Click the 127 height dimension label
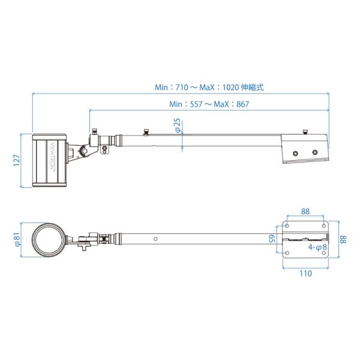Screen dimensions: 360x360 [17, 160]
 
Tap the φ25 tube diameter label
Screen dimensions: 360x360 [178, 125]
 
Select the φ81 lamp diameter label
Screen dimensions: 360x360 [17, 239]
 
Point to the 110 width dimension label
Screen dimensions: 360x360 [305, 274]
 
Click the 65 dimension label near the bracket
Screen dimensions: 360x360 [272, 239]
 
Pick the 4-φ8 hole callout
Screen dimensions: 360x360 [317, 247]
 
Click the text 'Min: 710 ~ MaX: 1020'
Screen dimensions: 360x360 [197, 88]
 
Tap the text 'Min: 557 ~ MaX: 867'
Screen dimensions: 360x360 [209, 104]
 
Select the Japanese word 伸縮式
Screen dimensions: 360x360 [253, 88]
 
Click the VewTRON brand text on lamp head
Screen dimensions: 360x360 [53, 155]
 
